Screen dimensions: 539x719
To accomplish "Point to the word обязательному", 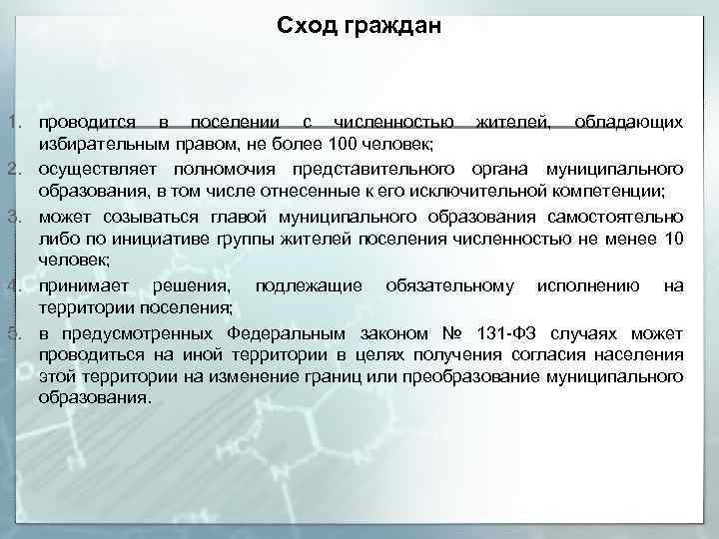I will pos(449,286).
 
